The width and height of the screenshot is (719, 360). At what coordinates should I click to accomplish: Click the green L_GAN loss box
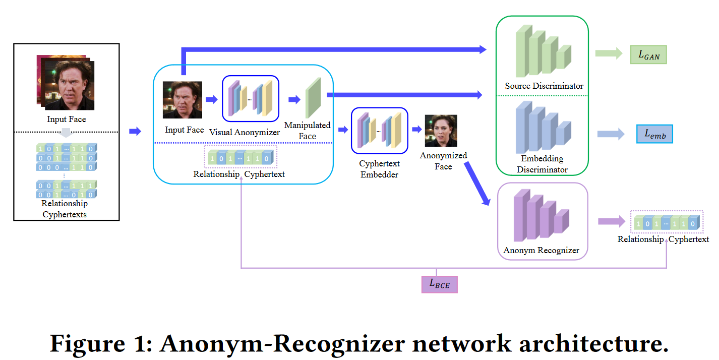point(648,55)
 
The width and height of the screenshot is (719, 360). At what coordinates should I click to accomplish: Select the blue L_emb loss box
point(654,134)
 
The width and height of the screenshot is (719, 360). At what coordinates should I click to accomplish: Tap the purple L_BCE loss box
point(439,284)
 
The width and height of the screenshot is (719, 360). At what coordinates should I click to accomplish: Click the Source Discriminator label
point(544,86)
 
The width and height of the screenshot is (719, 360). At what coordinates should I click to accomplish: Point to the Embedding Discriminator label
point(542,164)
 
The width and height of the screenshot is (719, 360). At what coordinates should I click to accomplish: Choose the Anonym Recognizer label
point(541,250)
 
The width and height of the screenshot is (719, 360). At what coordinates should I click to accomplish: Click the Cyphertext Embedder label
point(379,169)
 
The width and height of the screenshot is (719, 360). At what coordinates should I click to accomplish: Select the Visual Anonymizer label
point(245,132)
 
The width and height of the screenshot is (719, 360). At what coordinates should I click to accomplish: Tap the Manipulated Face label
point(307,131)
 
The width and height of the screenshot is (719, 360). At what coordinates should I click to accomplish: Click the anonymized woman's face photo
point(441,131)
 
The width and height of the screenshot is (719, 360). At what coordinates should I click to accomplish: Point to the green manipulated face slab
point(313,98)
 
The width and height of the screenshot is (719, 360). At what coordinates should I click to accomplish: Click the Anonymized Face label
point(443,161)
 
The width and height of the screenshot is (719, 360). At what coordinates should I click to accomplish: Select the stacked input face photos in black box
point(66,82)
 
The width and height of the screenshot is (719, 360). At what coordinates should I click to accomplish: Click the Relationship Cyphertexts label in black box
point(65,209)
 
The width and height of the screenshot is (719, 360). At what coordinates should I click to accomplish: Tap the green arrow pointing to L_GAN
point(609,54)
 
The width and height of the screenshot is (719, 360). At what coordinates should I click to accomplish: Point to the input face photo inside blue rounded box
point(182,100)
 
